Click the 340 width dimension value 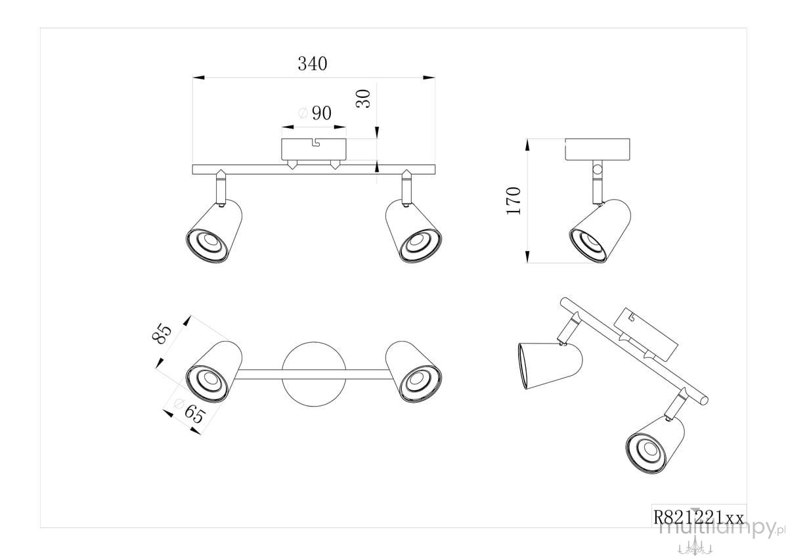click(313, 64)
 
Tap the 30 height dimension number click(363, 99)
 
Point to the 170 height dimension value click(514, 201)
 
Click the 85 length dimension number click(162, 333)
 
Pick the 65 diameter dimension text click(190, 412)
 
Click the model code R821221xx click(698, 518)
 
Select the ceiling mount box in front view click(314, 149)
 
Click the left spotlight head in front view click(214, 231)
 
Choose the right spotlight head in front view click(413, 231)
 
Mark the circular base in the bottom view click(314, 374)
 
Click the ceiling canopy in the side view click(598, 150)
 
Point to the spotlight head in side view click(600, 231)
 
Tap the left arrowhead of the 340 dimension click(199, 78)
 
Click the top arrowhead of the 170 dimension click(527, 145)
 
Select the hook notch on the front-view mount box click(316, 142)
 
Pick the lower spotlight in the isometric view click(655, 445)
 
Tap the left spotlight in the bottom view click(214, 372)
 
